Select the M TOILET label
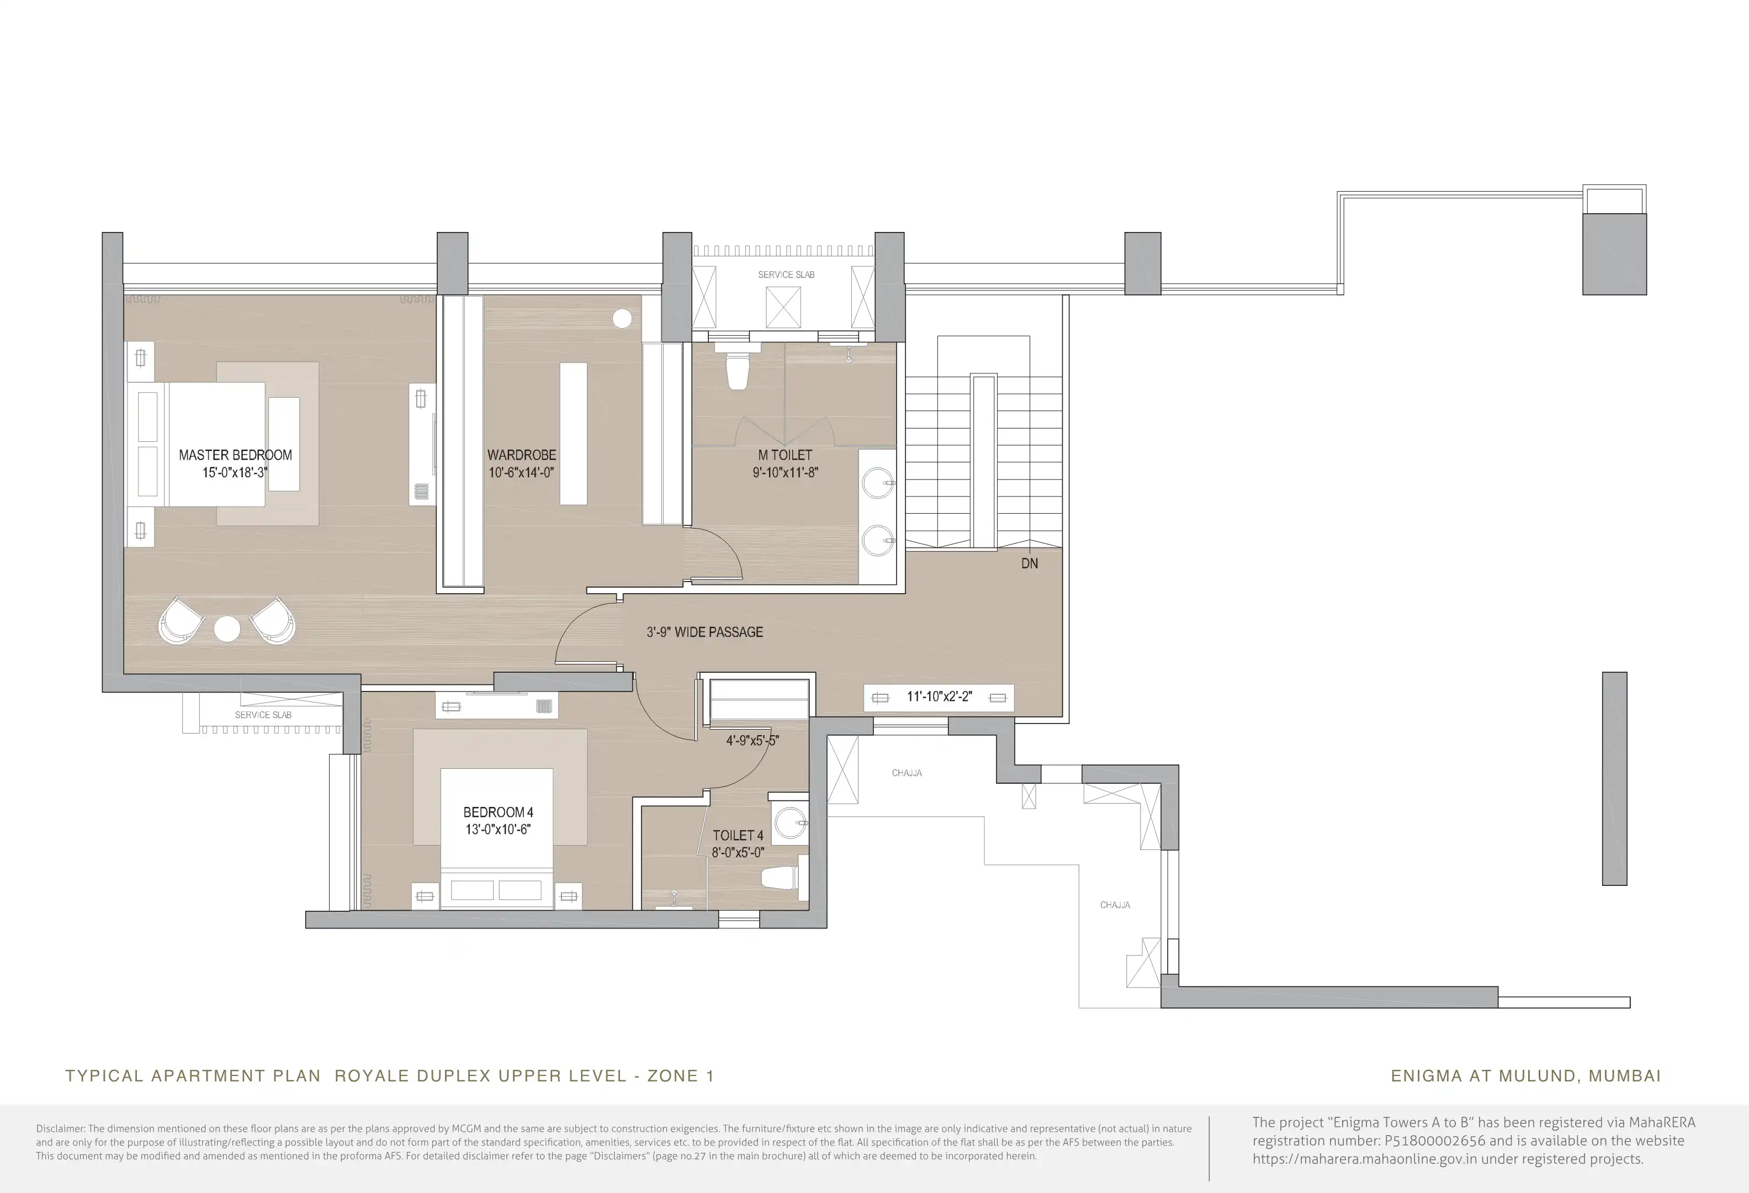[785, 455]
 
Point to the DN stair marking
[1030, 563]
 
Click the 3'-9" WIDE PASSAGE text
[704, 632]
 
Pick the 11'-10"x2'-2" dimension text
[939, 697]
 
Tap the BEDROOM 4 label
[498, 812]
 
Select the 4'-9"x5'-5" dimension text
[752, 741]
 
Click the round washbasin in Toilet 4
[789, 823]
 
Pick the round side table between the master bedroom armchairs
[227, 629]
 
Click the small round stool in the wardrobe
[622, 318]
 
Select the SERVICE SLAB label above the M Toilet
[787, 275]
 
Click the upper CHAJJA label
[907, 773]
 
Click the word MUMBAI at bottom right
[1625, 1076]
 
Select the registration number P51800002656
[1435, 1141]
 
